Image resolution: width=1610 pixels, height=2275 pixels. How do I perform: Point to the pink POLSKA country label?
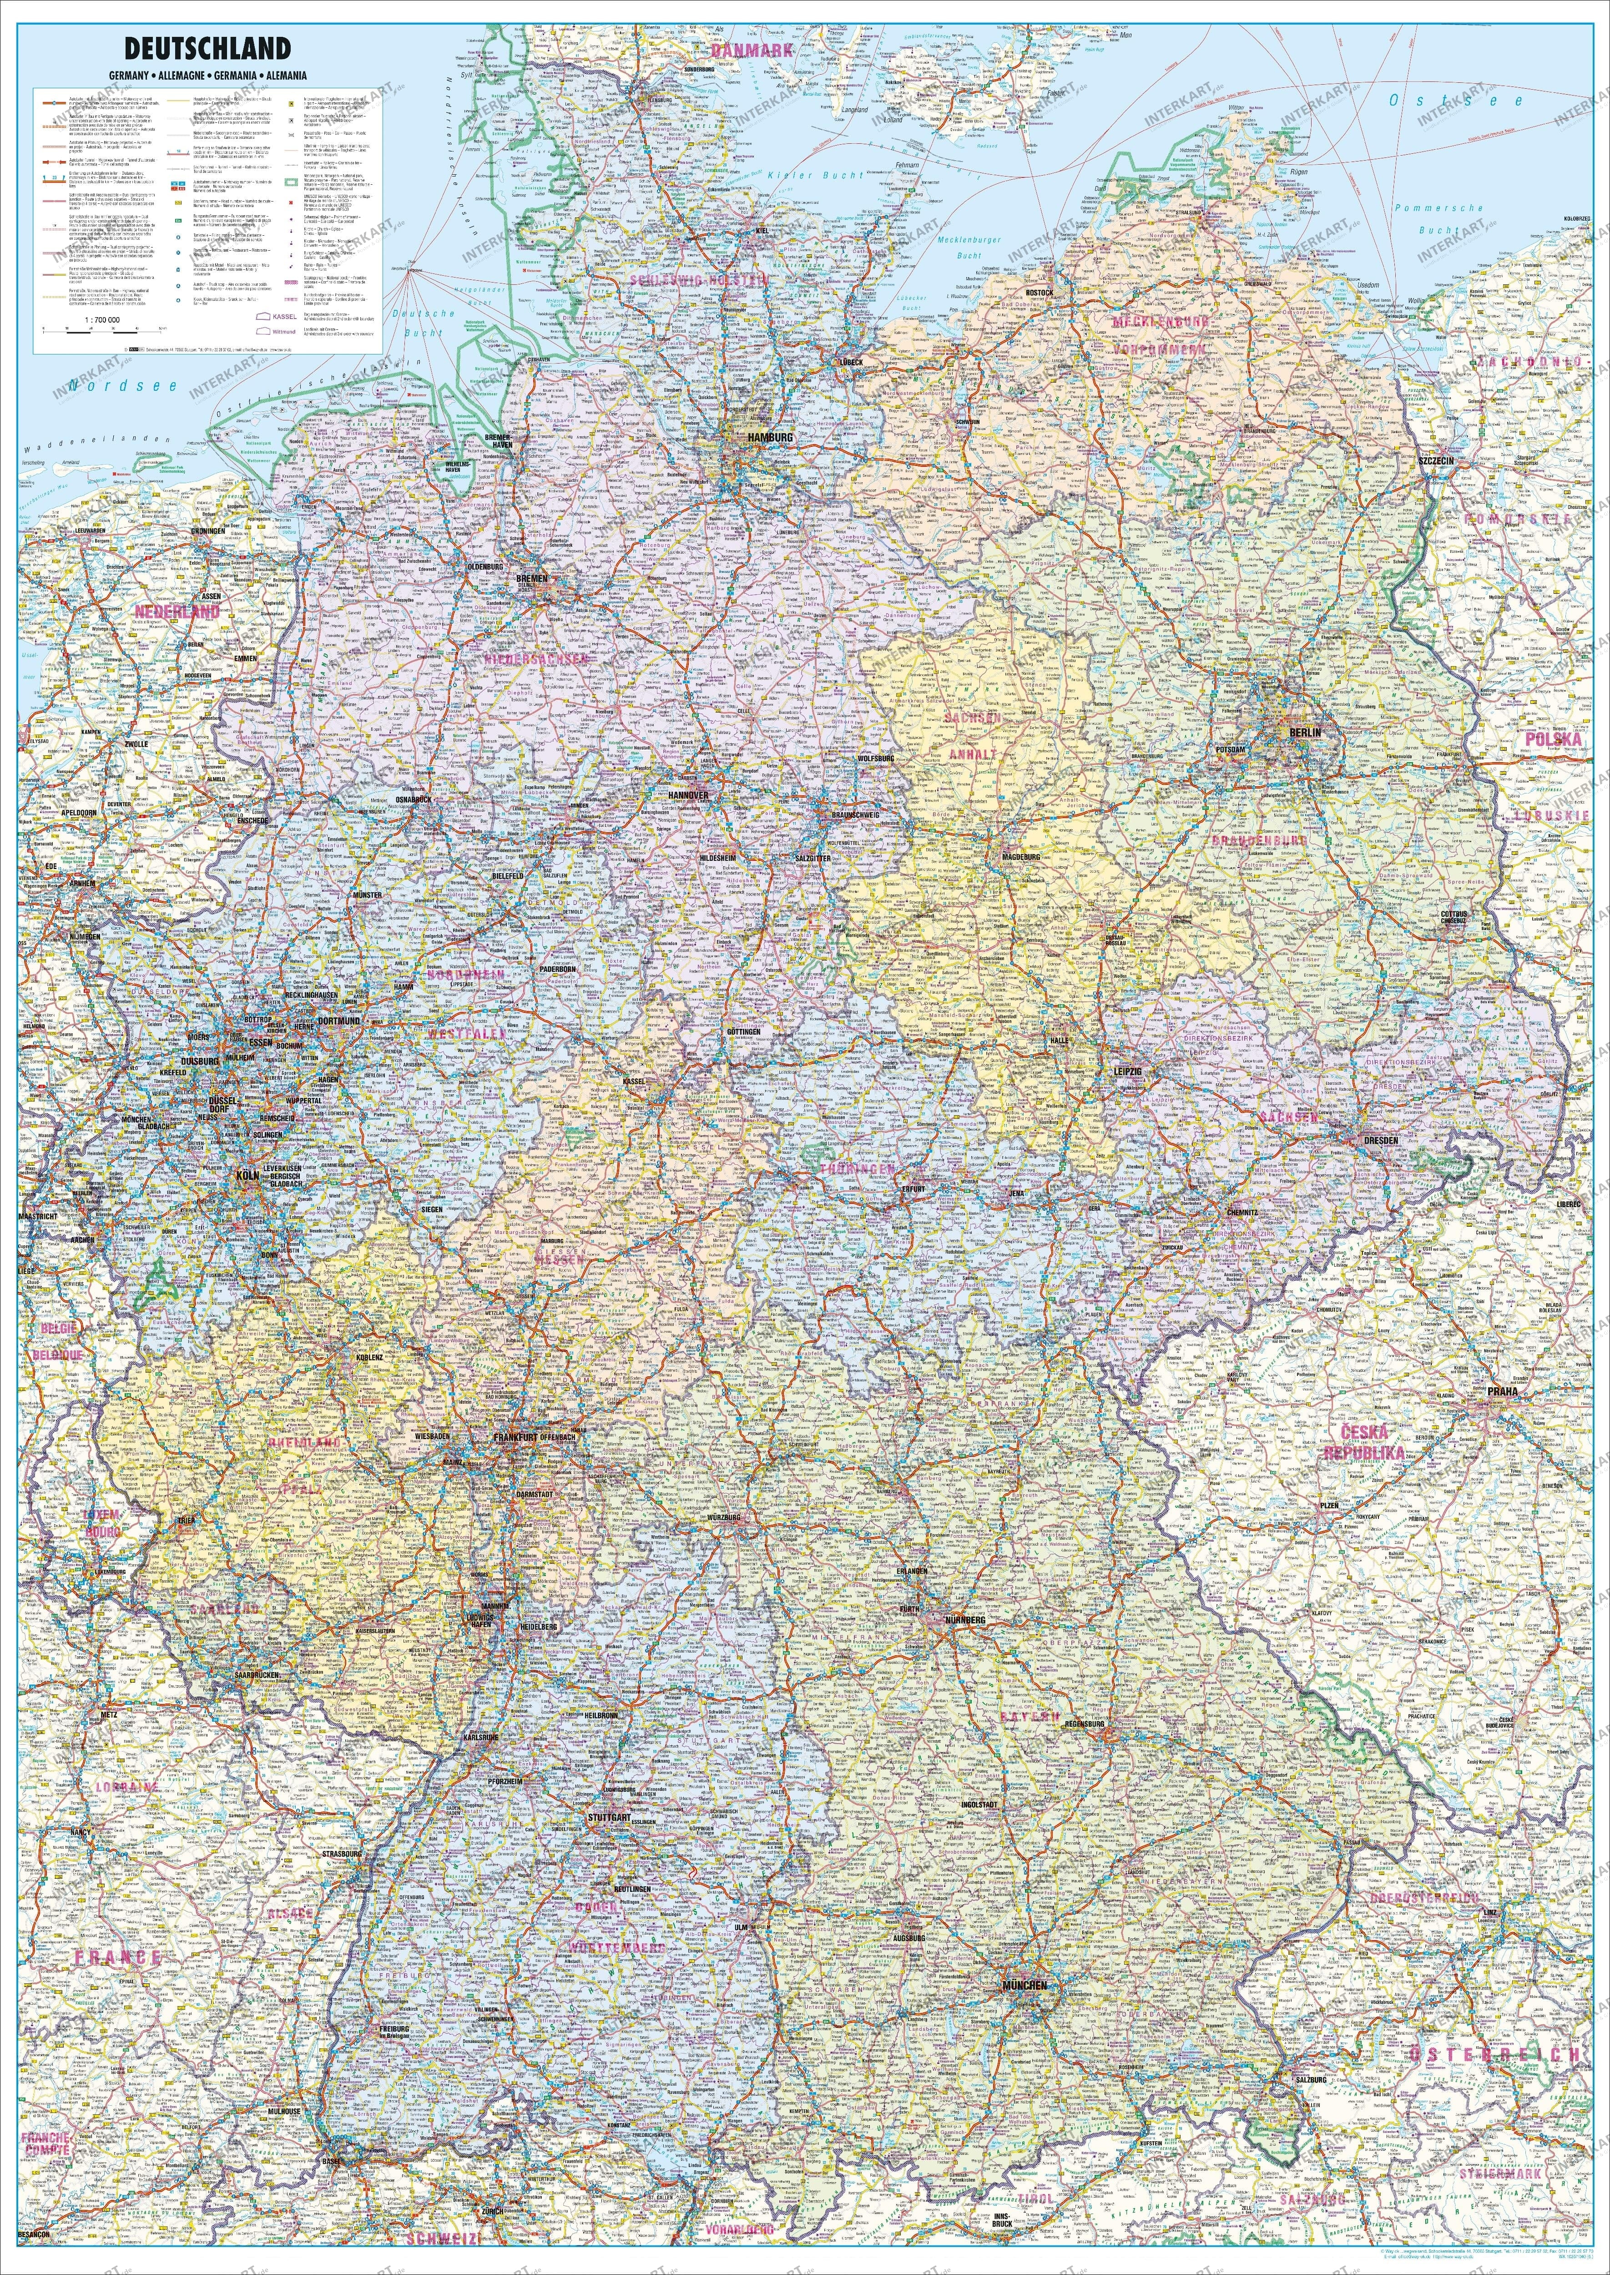(1550, 739)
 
